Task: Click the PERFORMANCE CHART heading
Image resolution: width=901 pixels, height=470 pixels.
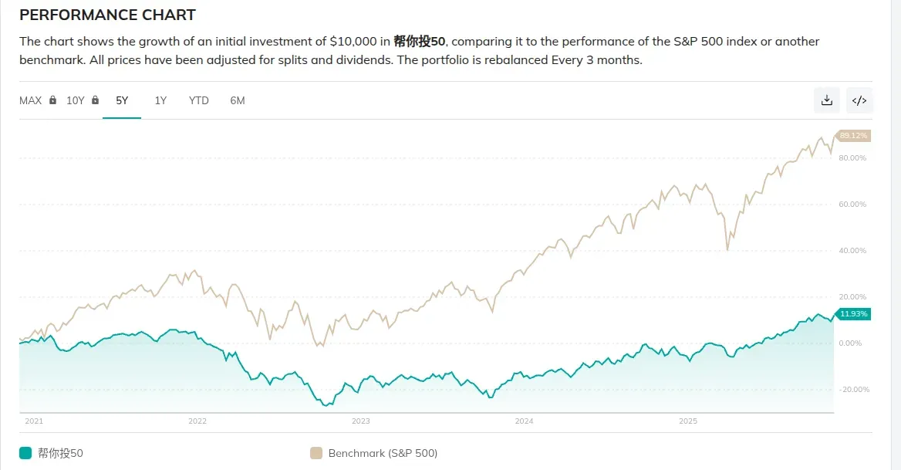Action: pyautogui.click(x=107, y=15)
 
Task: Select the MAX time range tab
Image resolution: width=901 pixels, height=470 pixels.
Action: pyautogui.click(x=31, y=100)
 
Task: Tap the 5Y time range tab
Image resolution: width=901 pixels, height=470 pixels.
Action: pyautogui.click(x=122, y=100)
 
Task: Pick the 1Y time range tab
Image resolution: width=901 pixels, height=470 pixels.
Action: pyautogui.click(x=160, y=100)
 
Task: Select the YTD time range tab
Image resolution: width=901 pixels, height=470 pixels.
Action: pyautogui.click(x=199, y=100)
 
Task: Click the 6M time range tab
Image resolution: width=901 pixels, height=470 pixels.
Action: pyautogui.click(x=238, y=100)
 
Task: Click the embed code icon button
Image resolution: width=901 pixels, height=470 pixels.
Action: pyautogui.click(x=859, y=100)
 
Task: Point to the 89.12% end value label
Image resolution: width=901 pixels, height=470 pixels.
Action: pyautogui.click(x=853, y=136)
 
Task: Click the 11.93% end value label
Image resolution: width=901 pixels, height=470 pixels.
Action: pyautogui.click(x=853, y=314)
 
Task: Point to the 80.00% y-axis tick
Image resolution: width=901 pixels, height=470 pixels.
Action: pyautogui.click(x=852, y=158)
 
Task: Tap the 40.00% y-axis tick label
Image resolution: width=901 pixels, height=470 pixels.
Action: pyautogui.click(x=852, y=251)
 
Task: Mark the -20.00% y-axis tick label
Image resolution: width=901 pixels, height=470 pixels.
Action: pyautogui.click(x=852, y=390)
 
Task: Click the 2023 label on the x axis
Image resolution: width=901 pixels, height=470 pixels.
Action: pyautogui.click(x=360, y=421)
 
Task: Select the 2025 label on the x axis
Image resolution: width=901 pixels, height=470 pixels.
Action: pyautogui.click(x=687, y=421)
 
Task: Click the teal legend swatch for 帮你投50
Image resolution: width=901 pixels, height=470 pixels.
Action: pyautogui.click(x=25, y=453)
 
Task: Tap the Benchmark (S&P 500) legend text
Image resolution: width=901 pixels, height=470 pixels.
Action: pyautogui.click(x=383, y=453)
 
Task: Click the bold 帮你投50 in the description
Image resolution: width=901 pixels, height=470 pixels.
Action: pyautogui.click(x=420, y=41)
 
